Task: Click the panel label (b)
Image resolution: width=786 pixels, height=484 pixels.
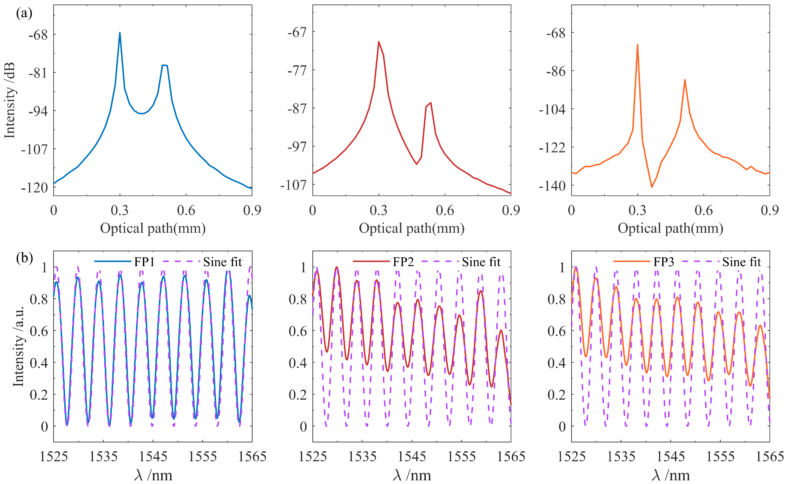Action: (x=24, y=258)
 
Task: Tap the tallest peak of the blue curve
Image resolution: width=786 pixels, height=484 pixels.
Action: (x=120, y=33)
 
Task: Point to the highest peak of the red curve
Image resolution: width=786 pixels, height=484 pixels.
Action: (x=378, y=42)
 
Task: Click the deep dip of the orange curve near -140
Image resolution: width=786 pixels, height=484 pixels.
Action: (x=652, y=187)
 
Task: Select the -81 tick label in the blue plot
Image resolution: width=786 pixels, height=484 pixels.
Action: (x=38, y=73)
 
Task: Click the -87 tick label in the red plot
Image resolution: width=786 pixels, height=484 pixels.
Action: (x=297, y=109)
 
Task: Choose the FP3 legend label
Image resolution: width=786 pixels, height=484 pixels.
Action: (x=663, y=262)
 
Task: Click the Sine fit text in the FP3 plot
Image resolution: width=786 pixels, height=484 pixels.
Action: (x=741, y=262)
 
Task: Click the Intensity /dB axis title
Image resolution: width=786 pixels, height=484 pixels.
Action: (x=10, y=100)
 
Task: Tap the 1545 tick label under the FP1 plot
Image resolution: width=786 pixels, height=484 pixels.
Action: (x=153, y=457)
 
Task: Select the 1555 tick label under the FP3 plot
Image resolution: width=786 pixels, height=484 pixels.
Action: (x=720, y=457)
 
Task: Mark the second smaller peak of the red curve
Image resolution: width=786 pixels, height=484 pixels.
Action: (x=431, y=103)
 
